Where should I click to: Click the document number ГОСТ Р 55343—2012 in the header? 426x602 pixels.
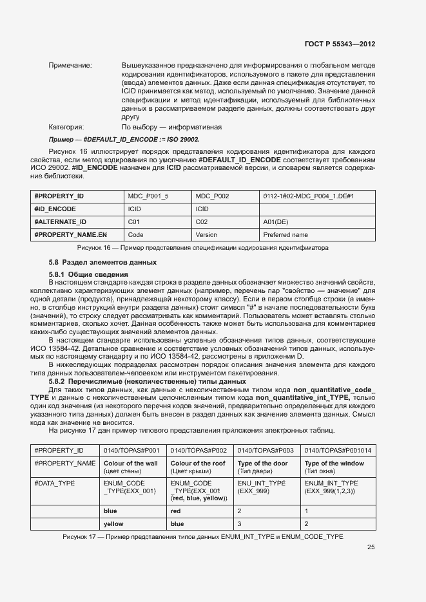click(x=340, y=44)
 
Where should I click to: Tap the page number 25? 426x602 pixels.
click(x=371, y=548)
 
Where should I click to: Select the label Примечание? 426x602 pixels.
click(x=70, y=66)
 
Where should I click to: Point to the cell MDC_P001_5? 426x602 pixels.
click(x=148, y=196)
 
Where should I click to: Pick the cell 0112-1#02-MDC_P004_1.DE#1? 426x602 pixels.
click(x=309, y=196)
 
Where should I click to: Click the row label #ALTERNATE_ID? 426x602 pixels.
click(x=60, y=221)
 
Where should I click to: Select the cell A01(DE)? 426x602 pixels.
click(x=276, y=221)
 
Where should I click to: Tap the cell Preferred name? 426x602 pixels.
click(x=286, y=235)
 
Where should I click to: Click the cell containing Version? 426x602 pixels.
click(x=206, y=235)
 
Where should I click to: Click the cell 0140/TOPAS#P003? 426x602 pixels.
click(x=266, y=451)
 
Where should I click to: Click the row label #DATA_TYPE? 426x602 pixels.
click(x=55, y=482)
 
